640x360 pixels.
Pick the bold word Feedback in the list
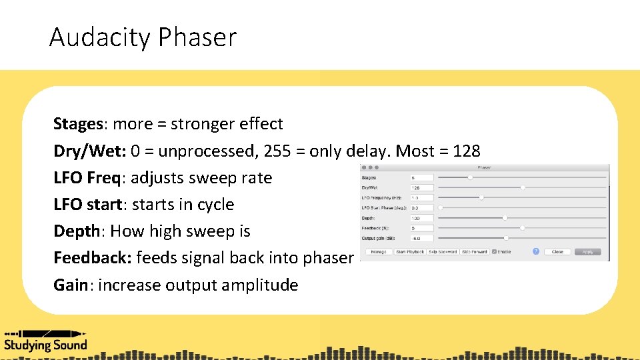92,258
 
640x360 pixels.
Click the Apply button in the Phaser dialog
587,252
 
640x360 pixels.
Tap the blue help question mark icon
535,251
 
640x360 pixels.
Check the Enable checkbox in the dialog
494,252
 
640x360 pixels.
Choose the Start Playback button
409,252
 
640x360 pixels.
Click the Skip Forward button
474,252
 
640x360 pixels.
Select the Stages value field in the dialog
422,178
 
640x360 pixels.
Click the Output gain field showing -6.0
422,238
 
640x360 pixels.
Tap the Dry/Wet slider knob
523,188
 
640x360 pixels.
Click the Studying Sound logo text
45,345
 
